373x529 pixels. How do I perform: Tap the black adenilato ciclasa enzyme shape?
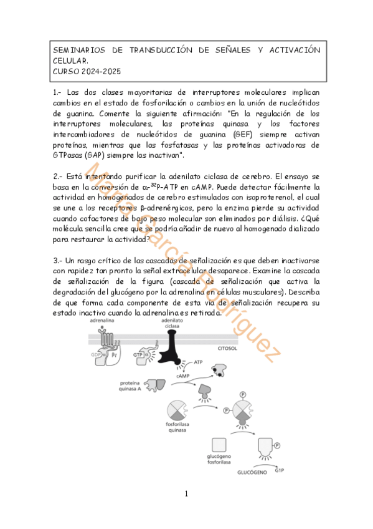coord(172,353)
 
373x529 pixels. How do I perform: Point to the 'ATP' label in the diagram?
coord(198,361)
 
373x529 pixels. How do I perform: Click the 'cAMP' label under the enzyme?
coord(182,376)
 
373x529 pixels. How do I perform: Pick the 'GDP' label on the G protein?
coord(95,354)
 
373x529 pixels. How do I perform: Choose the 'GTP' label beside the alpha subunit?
coord(138,354)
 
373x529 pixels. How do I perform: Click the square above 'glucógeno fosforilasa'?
coord(219,445)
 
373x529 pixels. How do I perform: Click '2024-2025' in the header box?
coord(97,71)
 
